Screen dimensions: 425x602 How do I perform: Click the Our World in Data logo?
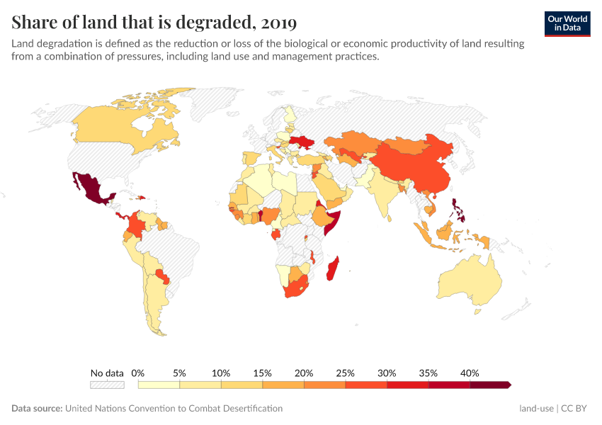pyautogui.click(x=567, y=23)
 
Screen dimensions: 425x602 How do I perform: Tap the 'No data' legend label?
pyautogui.click(x=107, y=373)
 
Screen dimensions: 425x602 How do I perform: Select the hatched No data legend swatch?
pyautogui.click(x=107, y=385)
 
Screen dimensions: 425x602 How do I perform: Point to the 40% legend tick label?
pyautogui.click(x=470, y=373)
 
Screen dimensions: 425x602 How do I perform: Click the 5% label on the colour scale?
pyautogui.click(x=179, y=373)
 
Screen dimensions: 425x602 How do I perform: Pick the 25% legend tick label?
pyautogui.click(x=345, y=373)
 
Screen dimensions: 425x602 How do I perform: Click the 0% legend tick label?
pyautogui.click(x=138, y=373)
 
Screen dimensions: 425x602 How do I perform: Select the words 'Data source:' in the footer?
pyautogui.click(x=37, y=409)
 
